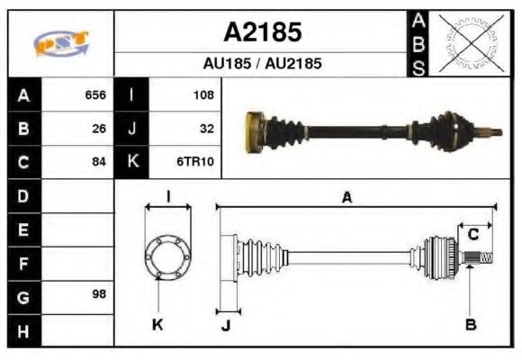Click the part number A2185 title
tap(262, 32)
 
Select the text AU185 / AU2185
tap(262, 64)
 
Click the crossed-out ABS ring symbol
tap(465, 42)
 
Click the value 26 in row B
tap(99, 128)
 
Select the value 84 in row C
tap(99, 162)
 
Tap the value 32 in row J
tap(206, 128)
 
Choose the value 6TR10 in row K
tap(197, 162)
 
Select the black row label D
tap(23, 195)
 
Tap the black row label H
tap(23, 330)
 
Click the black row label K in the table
tap(132, 162)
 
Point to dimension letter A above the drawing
tap(346, 198)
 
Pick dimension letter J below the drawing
tap(225, 326)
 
